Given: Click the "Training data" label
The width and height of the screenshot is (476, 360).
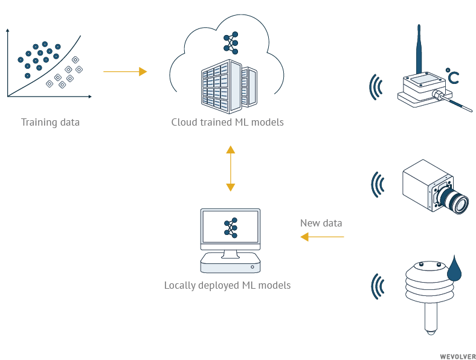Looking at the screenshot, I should click(x=50, y=123).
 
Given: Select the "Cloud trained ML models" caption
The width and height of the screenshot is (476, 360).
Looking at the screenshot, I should click(x=227, y=123).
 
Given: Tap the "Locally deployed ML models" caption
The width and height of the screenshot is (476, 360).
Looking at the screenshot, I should click(x=227, y=285).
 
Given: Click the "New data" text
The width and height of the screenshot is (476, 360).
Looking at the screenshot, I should click(x=321, y=223).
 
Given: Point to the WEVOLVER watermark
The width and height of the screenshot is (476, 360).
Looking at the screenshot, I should click(x=457, y=356).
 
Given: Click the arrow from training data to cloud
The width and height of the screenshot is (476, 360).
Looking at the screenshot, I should click(x=125, y=72).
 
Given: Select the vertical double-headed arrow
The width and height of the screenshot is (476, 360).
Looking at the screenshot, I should click(x=230, y=168).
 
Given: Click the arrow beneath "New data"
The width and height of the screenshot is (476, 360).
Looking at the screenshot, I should click(x=322, y=237).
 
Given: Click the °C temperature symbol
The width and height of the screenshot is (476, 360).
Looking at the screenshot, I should click(x=452, y=76).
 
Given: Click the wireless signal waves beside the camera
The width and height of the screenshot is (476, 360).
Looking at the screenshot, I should click(x=378, y=184).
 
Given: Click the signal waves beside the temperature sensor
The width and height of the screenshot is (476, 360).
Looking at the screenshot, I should click(x=376, y=88).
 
